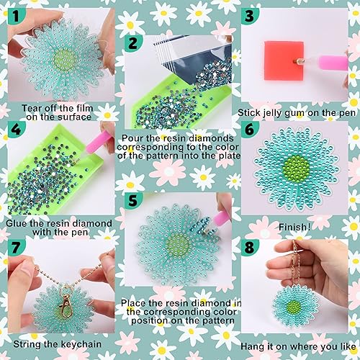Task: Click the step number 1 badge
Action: point(17,16)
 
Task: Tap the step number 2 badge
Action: point(132,43)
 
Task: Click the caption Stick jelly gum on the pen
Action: point(297,113)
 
